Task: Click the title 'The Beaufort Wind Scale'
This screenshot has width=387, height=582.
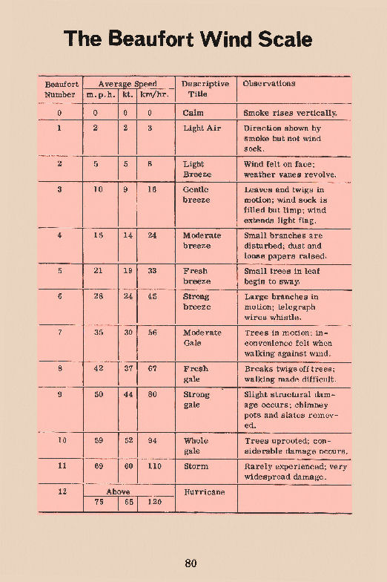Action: click(x=188, y=39)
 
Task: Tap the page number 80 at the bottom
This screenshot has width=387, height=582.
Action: click(x=191, y=563)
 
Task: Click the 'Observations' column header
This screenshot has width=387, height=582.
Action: click(x=268, y=83)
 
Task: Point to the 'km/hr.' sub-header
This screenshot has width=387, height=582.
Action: click(x=154, y=94)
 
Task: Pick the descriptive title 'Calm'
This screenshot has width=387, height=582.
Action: click(x=193, y=113)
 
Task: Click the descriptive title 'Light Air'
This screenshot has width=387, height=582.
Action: click(x=202, y=128)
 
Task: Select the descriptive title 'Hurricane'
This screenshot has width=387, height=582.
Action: click(x=204, y=491)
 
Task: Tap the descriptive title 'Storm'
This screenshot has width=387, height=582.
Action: click(x=196, y=466)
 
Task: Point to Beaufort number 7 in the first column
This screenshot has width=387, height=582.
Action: click(x=59, y=333)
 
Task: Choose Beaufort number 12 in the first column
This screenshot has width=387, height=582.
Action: click(x=59, y=491)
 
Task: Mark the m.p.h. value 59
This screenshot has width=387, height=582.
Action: click(x=99, y=440)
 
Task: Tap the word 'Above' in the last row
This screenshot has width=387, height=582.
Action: click(x=119, y=491)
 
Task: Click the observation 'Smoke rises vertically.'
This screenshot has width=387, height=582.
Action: click(x=291, y=113)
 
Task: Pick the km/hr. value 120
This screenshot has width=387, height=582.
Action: click(x=153, y=502)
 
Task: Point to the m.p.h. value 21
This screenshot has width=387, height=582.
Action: click(x=99, y=271)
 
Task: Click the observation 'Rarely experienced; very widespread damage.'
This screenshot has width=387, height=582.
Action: click(x=295, y=471)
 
